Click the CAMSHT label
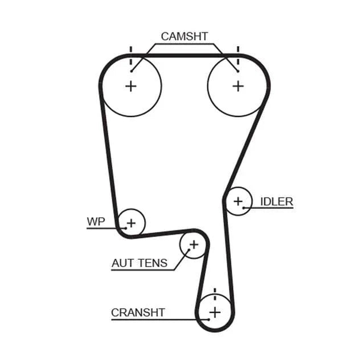[184, 36]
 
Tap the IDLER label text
[277, 202]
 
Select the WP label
[96, 221]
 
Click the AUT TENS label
[139, 263]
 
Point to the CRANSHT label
[138, 313]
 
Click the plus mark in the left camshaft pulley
[131, 86]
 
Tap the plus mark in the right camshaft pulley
[238, 86]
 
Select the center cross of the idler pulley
[238, 202]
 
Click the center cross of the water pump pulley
[131, 223]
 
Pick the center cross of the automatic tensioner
[194, 245]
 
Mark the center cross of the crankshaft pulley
[215, 313]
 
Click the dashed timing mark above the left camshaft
[131, 56]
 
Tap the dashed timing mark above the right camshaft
[238, 56]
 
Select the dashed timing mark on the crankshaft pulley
[215, 294]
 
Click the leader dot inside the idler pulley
[244, 208]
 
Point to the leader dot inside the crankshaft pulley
[209, 319]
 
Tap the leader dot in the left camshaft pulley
[131, 71]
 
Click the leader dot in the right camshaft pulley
[238, 71]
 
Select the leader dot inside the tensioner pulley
[189, 250]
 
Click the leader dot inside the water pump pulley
[126, 228]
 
